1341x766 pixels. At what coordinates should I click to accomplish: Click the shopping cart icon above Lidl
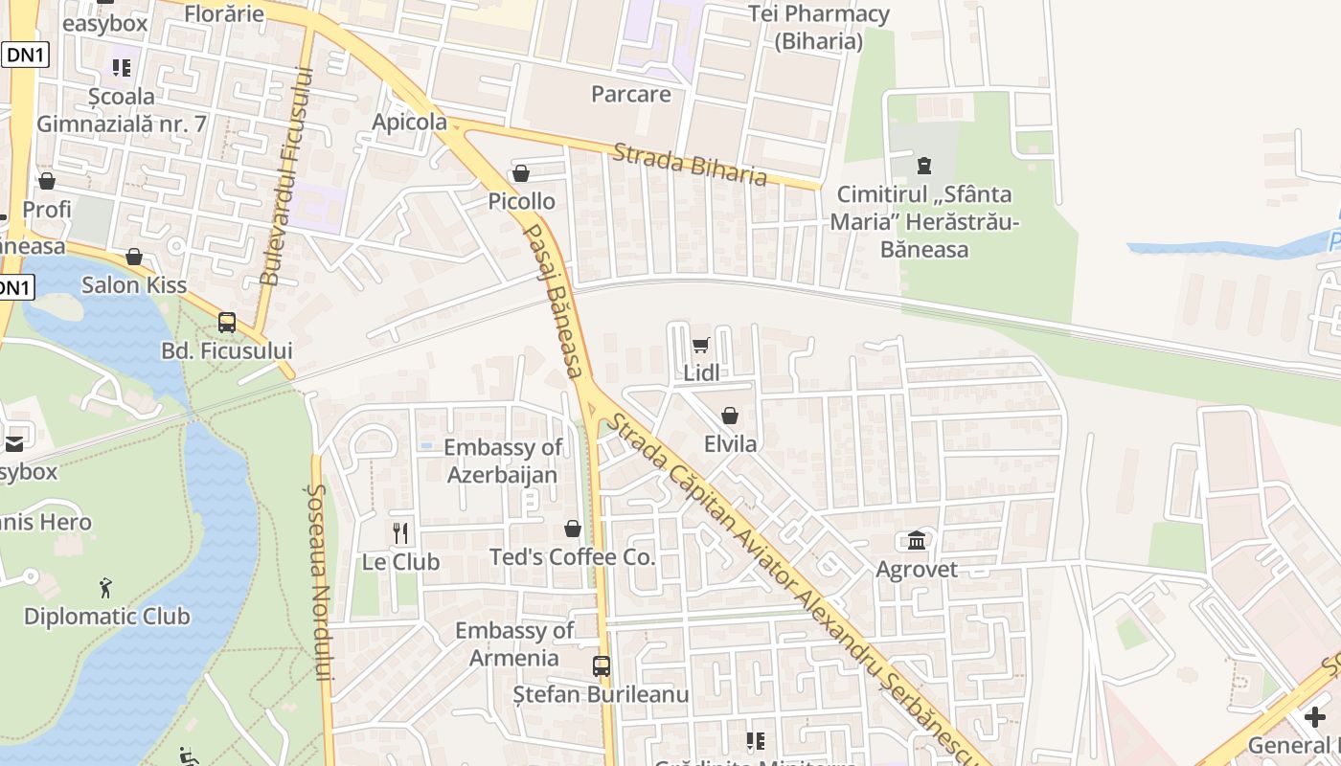click(701, 346)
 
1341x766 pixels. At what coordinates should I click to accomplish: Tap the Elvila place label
click(730, 444)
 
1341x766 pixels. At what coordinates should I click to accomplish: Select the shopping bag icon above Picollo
click(521, 173)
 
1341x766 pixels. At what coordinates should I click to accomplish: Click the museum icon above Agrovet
click(917, 541)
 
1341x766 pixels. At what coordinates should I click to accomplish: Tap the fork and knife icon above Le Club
click(400, 533)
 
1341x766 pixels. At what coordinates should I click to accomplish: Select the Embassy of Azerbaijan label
click(503, 461)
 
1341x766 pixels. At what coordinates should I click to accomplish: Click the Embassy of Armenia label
click(514, 644)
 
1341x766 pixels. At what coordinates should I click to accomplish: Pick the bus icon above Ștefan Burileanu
click(602, 666)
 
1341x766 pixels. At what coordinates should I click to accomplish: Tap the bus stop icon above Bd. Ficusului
click(227, 323)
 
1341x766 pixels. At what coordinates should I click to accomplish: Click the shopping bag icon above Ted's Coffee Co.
click(573, 529)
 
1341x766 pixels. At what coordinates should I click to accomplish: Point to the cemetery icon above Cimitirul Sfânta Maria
click(924, 166)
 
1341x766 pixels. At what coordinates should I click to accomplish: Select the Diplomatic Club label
click(107, 616)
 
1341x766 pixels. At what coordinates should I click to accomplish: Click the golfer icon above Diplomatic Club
click(106, 587)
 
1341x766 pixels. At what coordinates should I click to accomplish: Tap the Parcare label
click(631, 95)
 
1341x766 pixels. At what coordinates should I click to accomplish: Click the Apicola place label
click(410, 122)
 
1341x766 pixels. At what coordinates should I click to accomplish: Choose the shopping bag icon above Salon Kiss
click(134, 257)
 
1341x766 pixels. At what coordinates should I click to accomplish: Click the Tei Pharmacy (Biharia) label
click(819, 28)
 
